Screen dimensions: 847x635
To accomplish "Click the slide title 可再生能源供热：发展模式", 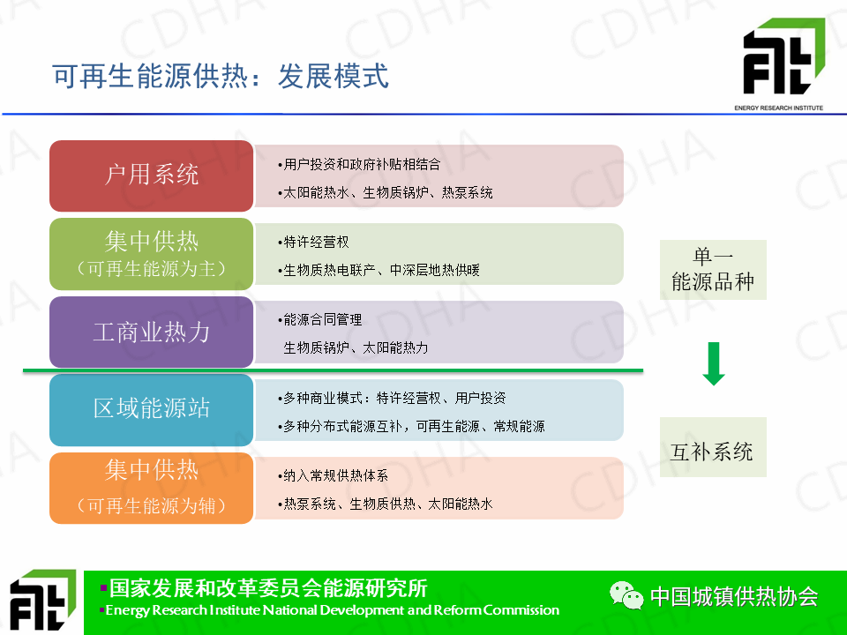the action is tap(221, 76).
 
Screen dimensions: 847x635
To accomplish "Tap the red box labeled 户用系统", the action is tap(151, 176).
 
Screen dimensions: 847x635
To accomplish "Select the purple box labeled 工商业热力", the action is tap(151, 332).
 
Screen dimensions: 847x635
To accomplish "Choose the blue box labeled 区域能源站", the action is tap(151, 410).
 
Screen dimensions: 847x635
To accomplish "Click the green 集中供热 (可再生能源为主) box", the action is tap(151, 254).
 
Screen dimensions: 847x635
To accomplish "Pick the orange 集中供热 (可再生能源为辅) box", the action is tap(151, 488).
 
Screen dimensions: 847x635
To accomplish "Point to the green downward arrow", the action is tap(714, 364).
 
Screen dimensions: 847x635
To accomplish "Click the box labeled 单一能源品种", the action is tap(713, 270).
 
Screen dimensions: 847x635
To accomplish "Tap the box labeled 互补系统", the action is tap(713, 447).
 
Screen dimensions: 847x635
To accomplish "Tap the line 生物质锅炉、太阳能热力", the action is tap(356, 347).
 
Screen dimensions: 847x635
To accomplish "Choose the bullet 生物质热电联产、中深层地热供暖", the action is tap(379, 270).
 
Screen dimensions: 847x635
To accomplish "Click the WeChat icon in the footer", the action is tap(626, 595).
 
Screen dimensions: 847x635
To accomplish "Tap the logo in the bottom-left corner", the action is tap(43, 601).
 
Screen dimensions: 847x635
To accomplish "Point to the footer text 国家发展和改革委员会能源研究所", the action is tap(268, 588).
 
